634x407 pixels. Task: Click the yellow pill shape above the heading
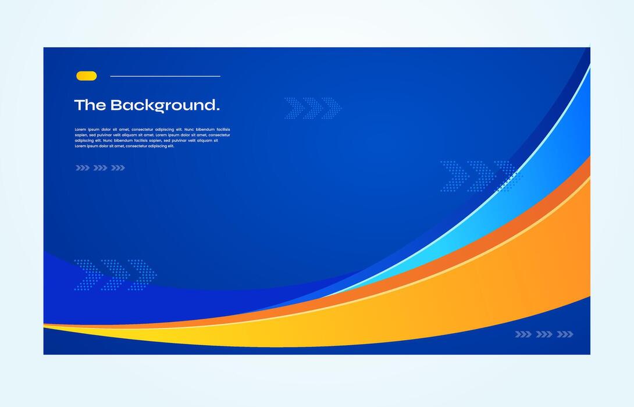tap(87, 76)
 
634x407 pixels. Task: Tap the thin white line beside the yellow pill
tap(165, 76)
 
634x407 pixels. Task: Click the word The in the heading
tap(90, 105)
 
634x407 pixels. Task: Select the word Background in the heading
tap(162, 106)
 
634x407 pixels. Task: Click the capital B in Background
tap(116, 105)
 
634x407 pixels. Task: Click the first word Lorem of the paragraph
tap(80, 130)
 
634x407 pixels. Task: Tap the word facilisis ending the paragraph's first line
tap(223, 130)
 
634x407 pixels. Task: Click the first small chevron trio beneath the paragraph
tap(83, 168)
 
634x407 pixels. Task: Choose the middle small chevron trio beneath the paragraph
tap(100, 168)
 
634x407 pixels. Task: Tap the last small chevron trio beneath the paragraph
tap(118, 168)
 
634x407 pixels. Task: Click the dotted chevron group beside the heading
tap(312, 108)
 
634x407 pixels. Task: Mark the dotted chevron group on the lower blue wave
tap(115, 274)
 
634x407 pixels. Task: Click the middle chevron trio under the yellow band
tap(544, 334)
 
